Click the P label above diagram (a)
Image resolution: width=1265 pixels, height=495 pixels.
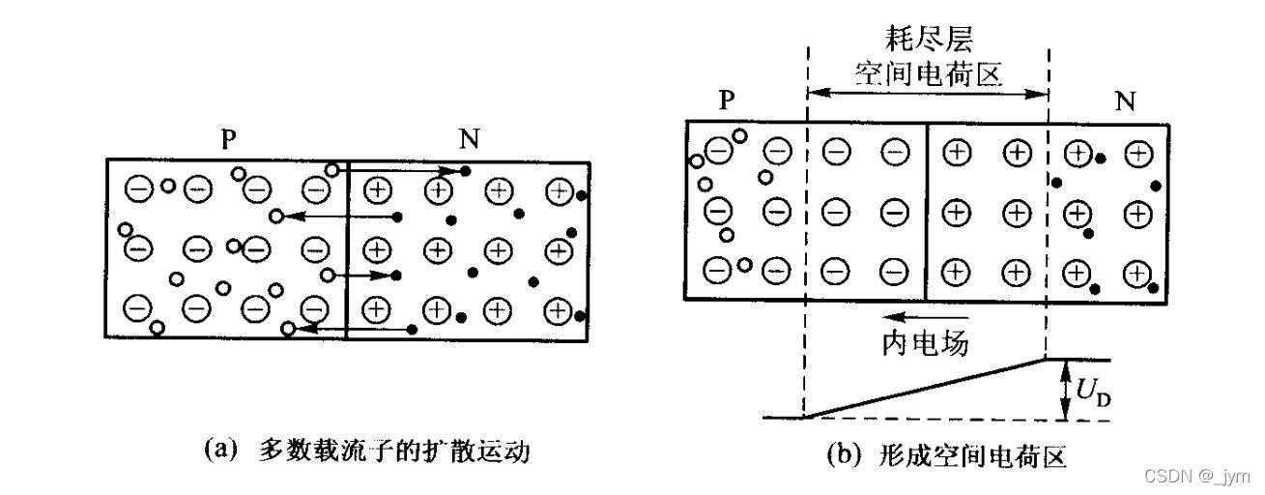coord(229,139)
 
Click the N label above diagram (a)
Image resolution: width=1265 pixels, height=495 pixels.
coord(469,139)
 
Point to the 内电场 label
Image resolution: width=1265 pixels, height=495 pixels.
coord(925,342)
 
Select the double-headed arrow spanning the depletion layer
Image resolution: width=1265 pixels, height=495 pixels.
coord(927,94)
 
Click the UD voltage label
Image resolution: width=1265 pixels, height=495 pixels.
coord(1092,391)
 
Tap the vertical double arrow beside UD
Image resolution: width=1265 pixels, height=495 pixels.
coord(1064,390)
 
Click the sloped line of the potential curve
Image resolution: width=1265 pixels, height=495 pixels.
coord(925,389)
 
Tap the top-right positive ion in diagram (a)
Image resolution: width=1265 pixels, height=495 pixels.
coord(558,191)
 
